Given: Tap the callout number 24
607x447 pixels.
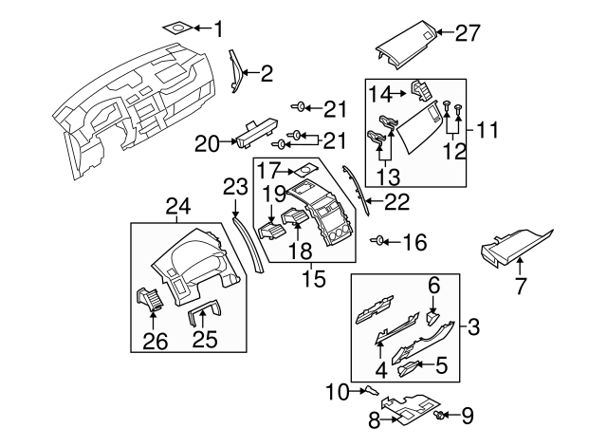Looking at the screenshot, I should [x=178, y=206].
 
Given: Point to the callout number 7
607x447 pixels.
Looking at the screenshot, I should [x=520, y=286].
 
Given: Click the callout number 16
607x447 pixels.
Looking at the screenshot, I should [x=414, y=243].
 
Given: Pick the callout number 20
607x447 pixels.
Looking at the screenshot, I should [x=207, y=143].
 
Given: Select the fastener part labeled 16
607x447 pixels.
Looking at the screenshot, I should [x=380, y=241].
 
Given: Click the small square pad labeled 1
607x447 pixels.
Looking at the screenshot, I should [x=176, y=28].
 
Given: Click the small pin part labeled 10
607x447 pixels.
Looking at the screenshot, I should [x=370, y=389].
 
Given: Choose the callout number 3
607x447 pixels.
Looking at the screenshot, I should [x=473, y=327].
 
